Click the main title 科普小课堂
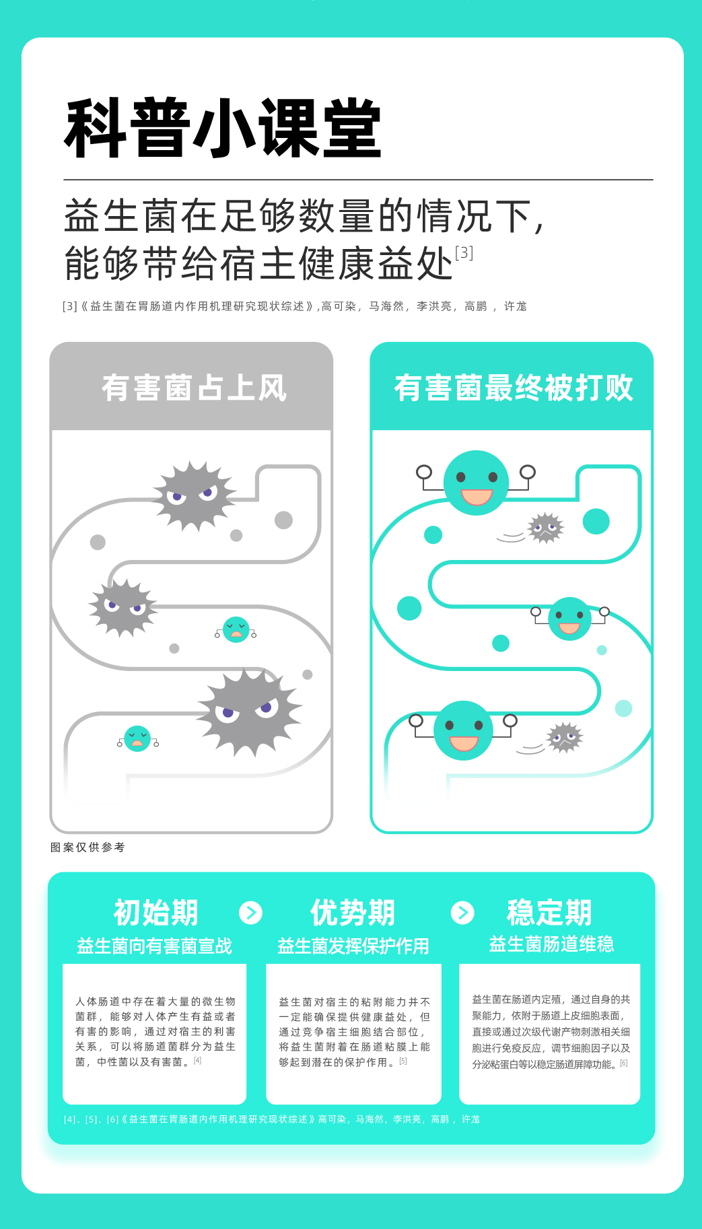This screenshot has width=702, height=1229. [223, 129]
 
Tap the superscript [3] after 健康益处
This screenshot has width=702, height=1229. [464, 253]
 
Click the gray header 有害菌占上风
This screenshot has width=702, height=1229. [194, 388]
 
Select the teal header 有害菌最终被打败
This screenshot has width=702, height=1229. [513, 388]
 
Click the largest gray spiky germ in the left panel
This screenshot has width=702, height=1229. [249, 713]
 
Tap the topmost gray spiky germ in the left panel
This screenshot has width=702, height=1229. [194, 496]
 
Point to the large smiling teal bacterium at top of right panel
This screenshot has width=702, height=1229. [476, 483]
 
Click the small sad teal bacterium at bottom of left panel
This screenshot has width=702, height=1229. [137, 738]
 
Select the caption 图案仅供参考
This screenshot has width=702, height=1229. [87, 847]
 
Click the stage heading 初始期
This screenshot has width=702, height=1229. [155, 913]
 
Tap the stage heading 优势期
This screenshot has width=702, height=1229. [352, 913]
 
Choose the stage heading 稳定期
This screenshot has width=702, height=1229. [549, 913]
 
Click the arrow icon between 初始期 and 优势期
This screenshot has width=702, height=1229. [251, 913]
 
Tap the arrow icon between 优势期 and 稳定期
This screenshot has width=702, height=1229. [462, 913]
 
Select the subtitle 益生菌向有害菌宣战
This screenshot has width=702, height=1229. [154, 946]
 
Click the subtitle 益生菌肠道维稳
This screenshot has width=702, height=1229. [551, 944]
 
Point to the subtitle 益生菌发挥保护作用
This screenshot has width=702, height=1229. [353, 946]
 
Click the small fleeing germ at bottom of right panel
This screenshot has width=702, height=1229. [564, 738]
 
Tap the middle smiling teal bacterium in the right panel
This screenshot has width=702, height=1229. [569, 619]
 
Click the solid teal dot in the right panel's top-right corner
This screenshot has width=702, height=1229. [596, 521]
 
